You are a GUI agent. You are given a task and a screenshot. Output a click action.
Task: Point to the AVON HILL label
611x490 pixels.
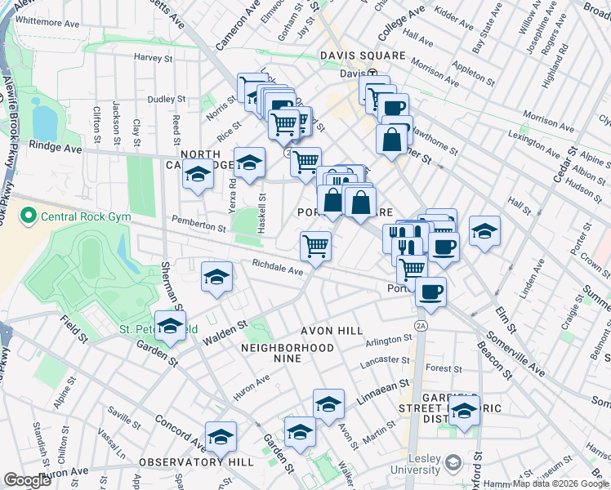332,331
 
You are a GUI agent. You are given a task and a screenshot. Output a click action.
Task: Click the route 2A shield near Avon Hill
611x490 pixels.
421,325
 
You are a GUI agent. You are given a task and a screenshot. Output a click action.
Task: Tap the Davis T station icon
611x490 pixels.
372,73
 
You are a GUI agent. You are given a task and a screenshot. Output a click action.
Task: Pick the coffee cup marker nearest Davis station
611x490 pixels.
393,108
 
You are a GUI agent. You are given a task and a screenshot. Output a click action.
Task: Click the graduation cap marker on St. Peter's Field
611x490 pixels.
170,327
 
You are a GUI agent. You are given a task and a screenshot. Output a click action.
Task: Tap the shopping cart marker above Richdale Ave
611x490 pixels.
315,245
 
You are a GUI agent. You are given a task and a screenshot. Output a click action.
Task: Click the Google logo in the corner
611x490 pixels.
27,481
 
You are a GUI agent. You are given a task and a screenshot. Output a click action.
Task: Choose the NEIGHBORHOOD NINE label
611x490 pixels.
288,348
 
